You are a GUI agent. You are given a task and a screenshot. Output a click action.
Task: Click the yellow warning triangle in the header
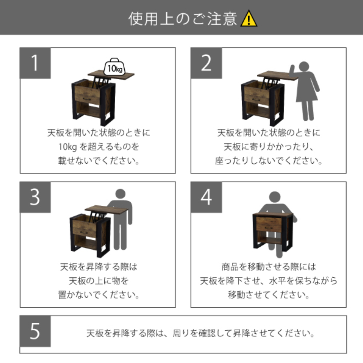pos(249,18)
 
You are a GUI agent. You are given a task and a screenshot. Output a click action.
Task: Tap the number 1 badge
pos(35,63)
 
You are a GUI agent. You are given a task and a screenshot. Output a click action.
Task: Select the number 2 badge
pos(206,63)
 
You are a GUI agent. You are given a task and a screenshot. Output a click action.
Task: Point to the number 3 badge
pos(35,197)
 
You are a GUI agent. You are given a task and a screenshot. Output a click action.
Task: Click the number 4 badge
pos(206,197)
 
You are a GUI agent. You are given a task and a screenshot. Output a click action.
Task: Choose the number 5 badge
pos(35,331)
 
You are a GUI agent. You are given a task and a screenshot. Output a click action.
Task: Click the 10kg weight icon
pos(115,67)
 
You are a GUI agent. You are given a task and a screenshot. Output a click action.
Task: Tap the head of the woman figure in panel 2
pos(304,67)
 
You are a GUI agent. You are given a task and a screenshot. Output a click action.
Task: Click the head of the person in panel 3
pos(120,194)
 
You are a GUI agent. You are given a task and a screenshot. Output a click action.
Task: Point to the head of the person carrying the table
pos(275,197)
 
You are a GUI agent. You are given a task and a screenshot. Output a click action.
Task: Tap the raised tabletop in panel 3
pos(106,209)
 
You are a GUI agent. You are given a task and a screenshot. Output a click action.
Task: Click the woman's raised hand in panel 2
pos(292,71)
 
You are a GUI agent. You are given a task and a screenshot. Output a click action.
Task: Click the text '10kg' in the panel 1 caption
pos(68,147)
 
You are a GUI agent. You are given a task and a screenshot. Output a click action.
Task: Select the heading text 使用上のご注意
pos(182,19)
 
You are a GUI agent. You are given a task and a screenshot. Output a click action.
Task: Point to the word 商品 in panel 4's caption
pos(230,267)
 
